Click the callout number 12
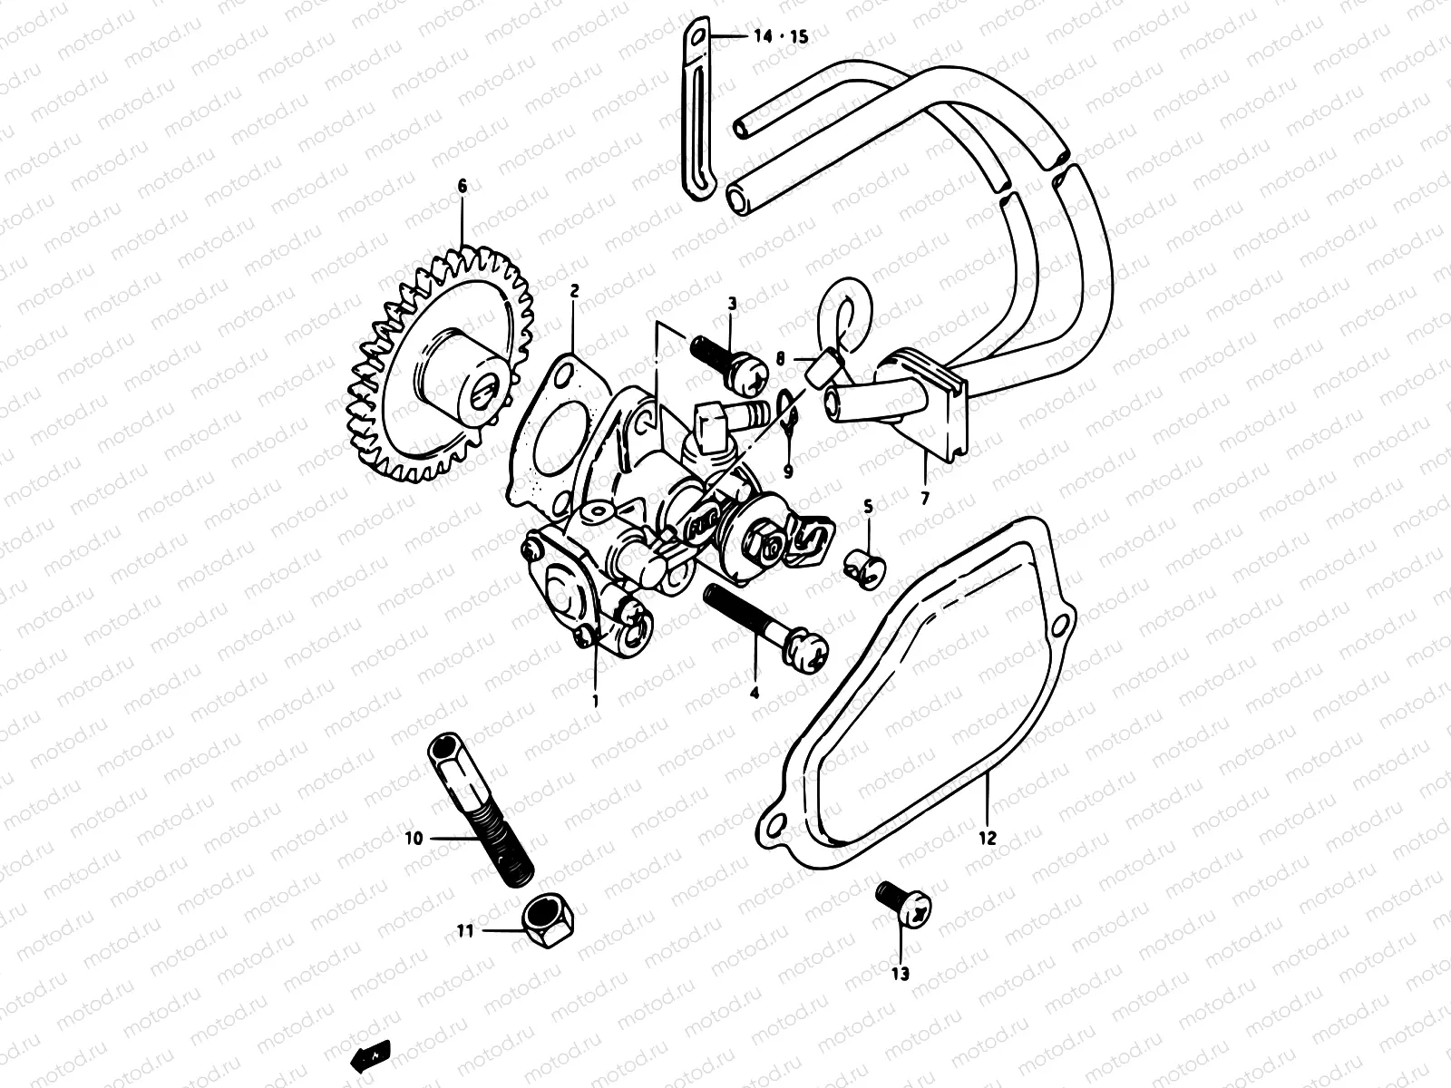coord(988,838)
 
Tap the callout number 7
coord(925,498)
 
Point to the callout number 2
coord(574,291)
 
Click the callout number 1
coord(596,701)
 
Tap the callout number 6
coord(462,186)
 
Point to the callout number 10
coord(414,839)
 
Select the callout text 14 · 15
coord(780,37)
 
